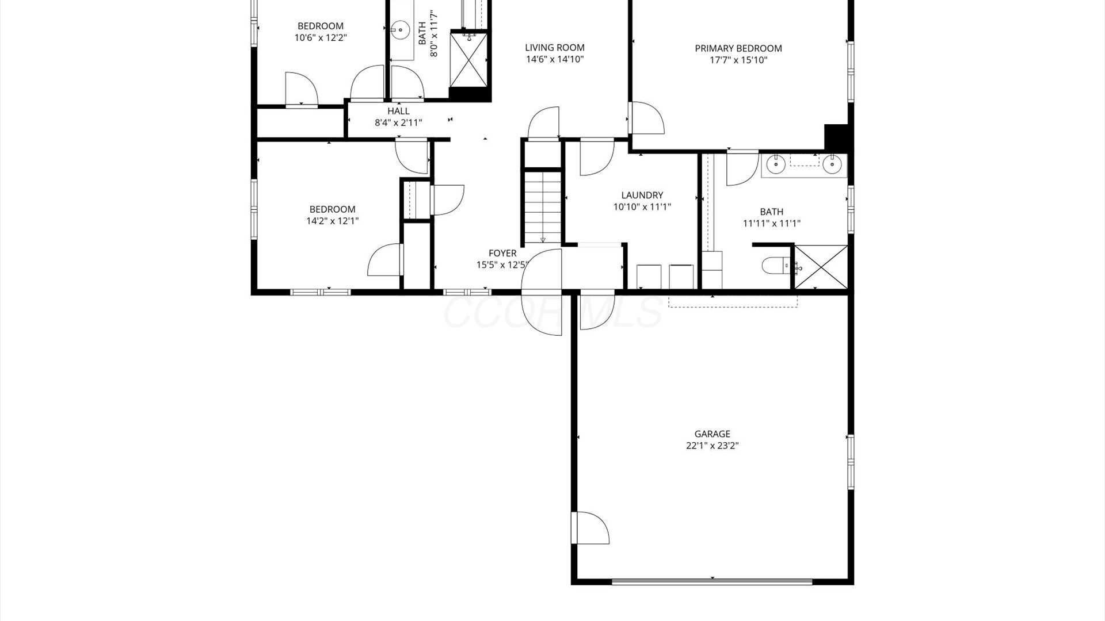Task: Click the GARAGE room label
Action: [712, 434]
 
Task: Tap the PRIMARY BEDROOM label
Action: [738, 48]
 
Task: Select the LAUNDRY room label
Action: [642, 195]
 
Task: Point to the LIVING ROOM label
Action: [555, 48]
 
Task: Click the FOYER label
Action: [502, 253]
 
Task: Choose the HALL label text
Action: [398, 111]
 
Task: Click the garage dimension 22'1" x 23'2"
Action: [712, 446]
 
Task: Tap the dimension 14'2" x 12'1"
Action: [332, 220]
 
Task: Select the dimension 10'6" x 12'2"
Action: [321, 37]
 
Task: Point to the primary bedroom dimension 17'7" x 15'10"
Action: [738, 60]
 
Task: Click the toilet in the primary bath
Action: [776, 266]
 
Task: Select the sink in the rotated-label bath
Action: [401, 28]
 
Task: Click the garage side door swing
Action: [590, 527]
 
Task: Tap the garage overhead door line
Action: [712, 582]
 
